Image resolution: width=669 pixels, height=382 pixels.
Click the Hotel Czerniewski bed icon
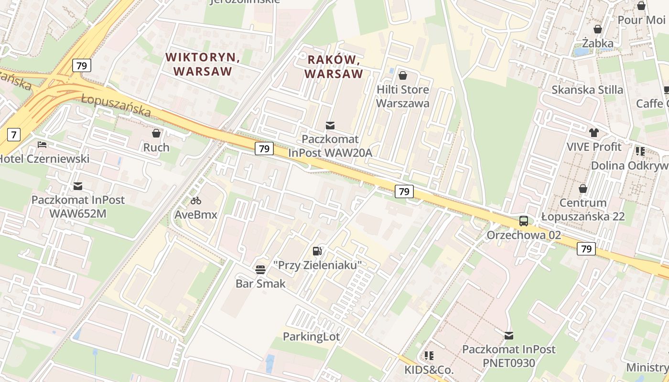pyautogui.click(x=42, y=144)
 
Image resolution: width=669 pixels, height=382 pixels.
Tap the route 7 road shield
pyautogui.click(x=14, y=135)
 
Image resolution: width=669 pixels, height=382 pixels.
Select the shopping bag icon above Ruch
pyautogui.click(x=156, y=133)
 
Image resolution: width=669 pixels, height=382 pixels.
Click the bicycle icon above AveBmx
pyautogui.click(x=195, y=201)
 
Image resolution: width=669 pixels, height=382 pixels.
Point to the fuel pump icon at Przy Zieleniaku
pyautogui.click(x=317, y=251)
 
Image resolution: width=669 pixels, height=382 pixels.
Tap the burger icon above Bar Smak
pyautogui.click(x=260, y=269)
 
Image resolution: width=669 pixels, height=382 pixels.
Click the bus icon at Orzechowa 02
pyautogui.click(x=524, y=221)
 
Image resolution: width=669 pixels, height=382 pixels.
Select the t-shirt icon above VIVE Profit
pyautogui.click(x=594, y=133)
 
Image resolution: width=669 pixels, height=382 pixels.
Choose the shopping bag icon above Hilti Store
pyautogui.click(x=402, y=75)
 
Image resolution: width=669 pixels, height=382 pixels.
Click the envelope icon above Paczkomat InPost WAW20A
pyautogui.click(x=330, y=126)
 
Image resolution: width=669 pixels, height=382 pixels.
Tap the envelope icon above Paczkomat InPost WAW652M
pyautogui.click(x=77, y=186)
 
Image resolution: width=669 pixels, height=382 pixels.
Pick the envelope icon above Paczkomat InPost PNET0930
pyautogui.click(x=509, y=336)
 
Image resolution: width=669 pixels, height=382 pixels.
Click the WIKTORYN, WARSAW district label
pyautogui.click(x=203, y=64)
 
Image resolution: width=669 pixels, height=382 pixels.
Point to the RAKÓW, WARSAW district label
pyautogui.click(x=334, y=67)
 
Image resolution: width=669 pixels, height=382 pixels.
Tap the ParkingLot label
pyautogui.click(x=311, y=337)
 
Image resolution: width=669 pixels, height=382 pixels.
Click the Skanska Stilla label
pyautogui.click(x=587, y=90)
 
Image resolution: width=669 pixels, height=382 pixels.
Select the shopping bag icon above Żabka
pyautogui.click(x=597, y=30)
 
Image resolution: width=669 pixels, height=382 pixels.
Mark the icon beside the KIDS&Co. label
pyautogui.click(x=429, y=356)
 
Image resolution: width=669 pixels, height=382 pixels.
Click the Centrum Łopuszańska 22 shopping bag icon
pyautogui.click(x=583, y=189)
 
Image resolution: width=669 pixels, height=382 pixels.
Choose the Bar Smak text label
pyautogui.click(x=260, y=284)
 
